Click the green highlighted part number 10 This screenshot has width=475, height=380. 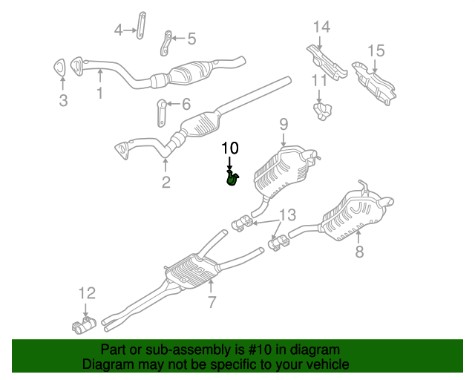click(232, 178)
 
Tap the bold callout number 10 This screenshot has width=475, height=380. click(230, 148)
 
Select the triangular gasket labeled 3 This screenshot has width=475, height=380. click(59, 67)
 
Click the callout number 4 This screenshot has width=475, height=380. click(118, 30)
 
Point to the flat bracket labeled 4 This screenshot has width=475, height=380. click(141, 26)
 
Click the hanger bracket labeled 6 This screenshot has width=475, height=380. click(161, 113)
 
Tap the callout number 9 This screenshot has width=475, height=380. click(284, 124)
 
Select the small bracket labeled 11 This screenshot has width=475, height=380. click(322, 111)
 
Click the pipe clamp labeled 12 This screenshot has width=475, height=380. click(84, 326)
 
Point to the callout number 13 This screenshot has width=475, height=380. click(287, 214)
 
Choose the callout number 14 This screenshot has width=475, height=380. click(321, 27)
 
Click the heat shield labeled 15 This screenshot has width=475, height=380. click(374, 83)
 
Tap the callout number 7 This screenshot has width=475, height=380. click(212, 301)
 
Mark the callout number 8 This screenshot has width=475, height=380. click(359, 251)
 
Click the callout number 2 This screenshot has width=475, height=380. click(166, 182)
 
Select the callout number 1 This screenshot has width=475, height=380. click(100, 93)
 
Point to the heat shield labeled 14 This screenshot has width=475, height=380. click(327, 62)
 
